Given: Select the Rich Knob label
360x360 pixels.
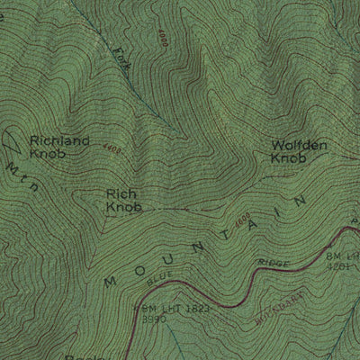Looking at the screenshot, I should [x=123, y=200].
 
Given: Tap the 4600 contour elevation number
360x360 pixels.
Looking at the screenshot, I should [x=241, y=218].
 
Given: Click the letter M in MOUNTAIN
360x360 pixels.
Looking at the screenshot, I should [x=112, y=282].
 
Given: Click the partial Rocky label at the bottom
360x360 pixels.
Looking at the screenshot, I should [x=77, y=355].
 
